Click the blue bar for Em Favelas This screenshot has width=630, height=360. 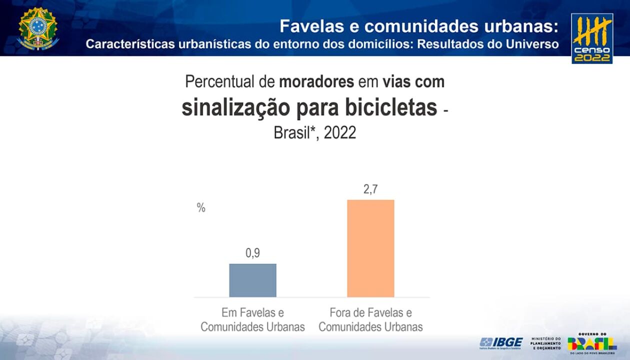(252, 280)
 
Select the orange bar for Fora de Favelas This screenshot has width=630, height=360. (370, 248)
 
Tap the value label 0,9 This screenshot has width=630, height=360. (252, 253)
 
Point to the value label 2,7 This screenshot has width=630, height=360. (370, 189)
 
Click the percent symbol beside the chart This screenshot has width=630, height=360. (201, 208)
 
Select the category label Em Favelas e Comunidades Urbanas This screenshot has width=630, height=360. (252, 320)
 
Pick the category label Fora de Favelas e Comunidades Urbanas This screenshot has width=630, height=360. (370, 320)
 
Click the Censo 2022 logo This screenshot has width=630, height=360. (592, 38)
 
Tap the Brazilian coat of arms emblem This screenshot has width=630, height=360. (38, 28)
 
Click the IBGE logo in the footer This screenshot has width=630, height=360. (501, 343)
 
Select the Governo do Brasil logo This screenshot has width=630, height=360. (592, 342)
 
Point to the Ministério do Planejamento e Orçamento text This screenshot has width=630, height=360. (545, 343)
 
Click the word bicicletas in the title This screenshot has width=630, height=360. (391, 107)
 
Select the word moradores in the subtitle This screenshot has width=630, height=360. (316, 81)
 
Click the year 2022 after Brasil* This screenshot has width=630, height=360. (339, 133)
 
